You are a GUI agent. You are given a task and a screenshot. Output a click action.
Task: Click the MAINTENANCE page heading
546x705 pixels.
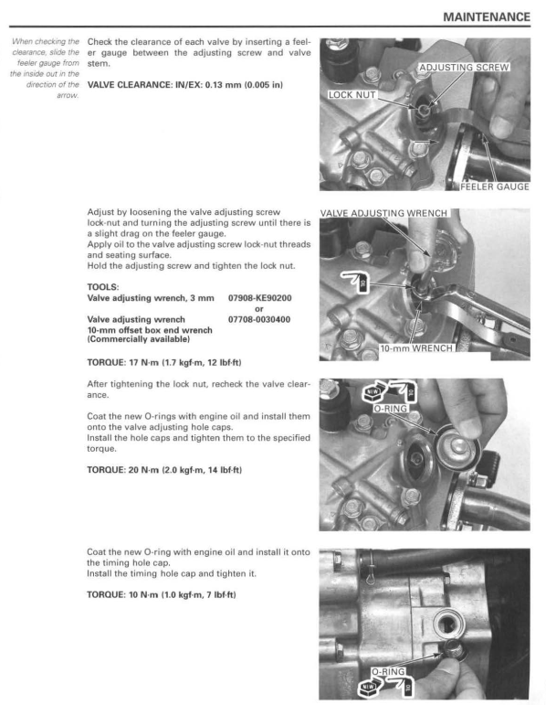487,17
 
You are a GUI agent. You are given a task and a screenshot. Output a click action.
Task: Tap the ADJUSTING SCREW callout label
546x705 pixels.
464,68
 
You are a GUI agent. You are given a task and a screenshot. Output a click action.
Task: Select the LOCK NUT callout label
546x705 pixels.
352,95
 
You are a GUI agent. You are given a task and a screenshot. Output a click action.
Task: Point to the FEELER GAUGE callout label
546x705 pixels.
495,187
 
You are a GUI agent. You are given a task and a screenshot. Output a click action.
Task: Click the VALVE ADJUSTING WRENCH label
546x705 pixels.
383,213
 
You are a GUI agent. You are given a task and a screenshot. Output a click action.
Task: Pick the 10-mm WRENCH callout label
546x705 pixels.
416,348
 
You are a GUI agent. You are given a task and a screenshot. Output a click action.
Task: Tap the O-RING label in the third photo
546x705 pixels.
391,409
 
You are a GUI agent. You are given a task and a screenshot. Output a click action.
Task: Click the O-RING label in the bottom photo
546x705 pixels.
388,672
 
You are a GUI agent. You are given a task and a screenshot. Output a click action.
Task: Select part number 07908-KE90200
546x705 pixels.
260,298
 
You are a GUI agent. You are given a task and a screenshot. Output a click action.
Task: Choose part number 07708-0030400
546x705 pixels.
259,320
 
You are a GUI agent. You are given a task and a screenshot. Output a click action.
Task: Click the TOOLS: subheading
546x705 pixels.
103,287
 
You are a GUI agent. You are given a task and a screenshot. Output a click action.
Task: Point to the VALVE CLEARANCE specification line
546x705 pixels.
185,85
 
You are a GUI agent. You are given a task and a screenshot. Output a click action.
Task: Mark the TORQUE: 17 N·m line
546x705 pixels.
163,362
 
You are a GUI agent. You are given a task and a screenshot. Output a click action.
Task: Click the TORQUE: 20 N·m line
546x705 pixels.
164,470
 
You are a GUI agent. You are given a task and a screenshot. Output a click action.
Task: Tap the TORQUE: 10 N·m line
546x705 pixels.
162,595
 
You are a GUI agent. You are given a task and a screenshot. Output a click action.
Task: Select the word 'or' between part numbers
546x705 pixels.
259,309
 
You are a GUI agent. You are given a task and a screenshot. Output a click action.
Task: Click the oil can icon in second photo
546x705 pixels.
355,282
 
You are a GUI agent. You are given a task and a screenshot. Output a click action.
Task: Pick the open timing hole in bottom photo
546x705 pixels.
448,624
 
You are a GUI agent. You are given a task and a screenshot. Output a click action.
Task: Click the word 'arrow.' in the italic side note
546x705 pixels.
68,95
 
